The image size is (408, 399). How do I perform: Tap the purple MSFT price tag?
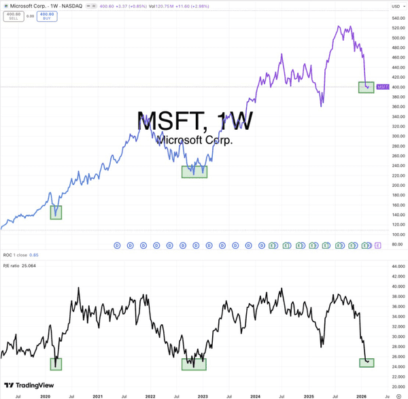tap(383, 87)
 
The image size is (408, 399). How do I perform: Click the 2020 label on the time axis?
tap(46, 395)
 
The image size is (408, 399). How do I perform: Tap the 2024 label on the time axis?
tap(255, 395)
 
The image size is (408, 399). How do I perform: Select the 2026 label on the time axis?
tap(362, 395)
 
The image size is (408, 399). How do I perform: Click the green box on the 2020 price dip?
tap(56, 212)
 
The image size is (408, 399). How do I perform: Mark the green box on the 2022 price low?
tap(194, 172)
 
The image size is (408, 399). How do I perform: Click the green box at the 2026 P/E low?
tap(367, 363)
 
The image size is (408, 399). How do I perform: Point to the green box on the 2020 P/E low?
tap(56, 364)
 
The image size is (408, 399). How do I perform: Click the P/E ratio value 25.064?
tap(28, 265)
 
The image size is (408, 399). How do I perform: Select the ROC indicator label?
tap(7, 255)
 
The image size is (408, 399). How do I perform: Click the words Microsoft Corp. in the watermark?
tap(194, 141)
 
